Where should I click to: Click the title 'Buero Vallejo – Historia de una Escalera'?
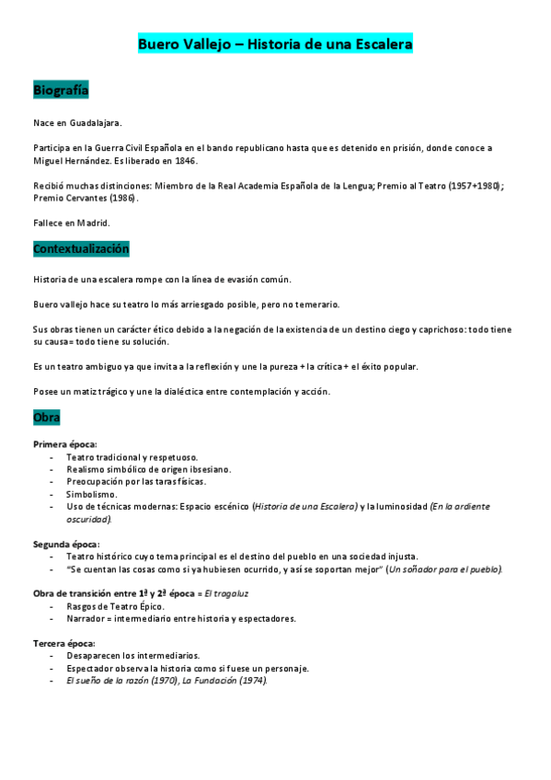(x=275, y=44)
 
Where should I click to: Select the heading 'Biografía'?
(x=61, y=90)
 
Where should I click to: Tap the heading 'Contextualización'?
(x=81, y=249)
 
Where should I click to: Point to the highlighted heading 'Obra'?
(x=46, y=418)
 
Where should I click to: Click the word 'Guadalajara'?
(x=96, y=122)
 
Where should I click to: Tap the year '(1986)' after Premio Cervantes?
(x=122, y=198)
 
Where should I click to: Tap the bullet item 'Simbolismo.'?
(x=92, y=494)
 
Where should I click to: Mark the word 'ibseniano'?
(x=207, y=469)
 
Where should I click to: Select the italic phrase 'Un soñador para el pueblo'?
(x=443, y=569)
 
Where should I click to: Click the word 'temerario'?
(x=316, y=304)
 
